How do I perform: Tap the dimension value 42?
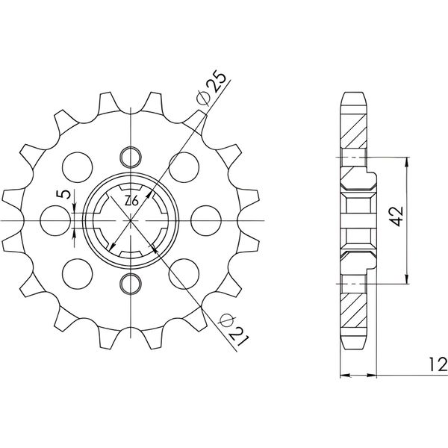pyautogui.click(x=397, y=216)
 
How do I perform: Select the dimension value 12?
pyautogui.click(x=438, y=364)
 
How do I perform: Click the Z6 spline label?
pyautogui.click(x=131, y=201)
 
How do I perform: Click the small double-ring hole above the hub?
pyautogui.click(x=131, y=157)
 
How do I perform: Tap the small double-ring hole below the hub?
pyautogui.click(x=131, y=284)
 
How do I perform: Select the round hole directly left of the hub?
pyautogui.click(x=55, y=220)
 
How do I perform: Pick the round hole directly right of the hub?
pyautogui.click(x=206, y=220)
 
